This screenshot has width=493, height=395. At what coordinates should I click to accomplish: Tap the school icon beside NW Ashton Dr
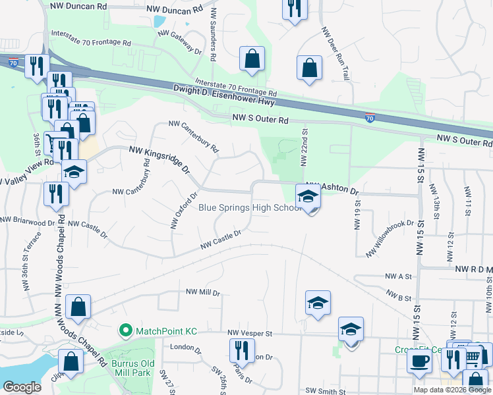(308, 196)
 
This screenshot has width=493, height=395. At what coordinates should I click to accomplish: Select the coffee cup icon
(420, 361)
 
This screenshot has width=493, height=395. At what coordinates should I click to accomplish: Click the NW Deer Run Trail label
(334, 55)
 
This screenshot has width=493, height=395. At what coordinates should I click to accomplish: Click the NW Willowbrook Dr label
(388, 238)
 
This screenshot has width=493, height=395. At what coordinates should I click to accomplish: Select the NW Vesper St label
(250, 334)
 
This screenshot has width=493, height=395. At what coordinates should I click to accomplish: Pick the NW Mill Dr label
(202, 291)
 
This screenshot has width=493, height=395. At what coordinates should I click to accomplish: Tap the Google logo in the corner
(22, 387)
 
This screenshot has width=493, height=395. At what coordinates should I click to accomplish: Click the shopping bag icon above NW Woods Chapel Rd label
(78, 307)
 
